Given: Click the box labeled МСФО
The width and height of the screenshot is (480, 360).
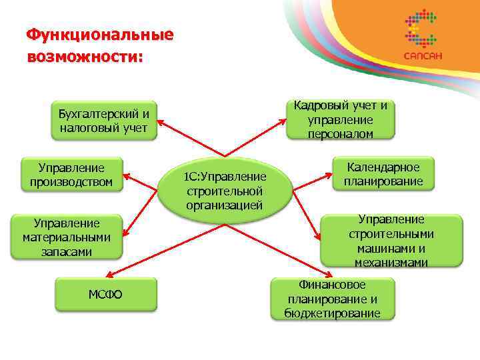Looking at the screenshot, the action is [x=106, y=295].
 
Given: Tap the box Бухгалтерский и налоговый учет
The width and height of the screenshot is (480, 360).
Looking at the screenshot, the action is [x=103, y=119].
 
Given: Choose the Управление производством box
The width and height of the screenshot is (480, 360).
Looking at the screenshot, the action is [x=71, y=174].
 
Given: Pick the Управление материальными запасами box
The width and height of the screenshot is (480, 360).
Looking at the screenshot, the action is [x=66, y=237].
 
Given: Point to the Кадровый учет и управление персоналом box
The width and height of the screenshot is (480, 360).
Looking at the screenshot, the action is [x=341, y=119].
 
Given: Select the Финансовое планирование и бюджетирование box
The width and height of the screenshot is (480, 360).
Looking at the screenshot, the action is [x=331, y=299].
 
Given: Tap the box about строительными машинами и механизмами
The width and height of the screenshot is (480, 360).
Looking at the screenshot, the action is [x=391, y=241].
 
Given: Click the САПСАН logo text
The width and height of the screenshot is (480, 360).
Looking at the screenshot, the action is [x=421, y=56].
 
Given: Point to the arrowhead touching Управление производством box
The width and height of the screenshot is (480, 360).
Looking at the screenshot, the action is [x=127, y=177].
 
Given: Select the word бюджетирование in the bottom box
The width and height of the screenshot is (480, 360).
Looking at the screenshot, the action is [x=331, y=313].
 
